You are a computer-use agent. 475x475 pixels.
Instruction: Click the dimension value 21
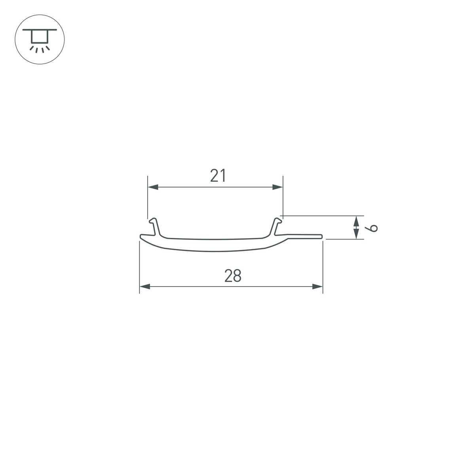click(x=218, y=175)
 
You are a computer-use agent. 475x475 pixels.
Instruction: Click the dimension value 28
click(x=233, y=276)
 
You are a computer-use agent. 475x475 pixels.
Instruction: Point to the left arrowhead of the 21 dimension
click(x=153, y=187)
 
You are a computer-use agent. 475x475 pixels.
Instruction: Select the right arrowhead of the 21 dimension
click(x=278, y=187)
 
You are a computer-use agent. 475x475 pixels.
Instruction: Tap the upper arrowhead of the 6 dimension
click(x=357, y=220)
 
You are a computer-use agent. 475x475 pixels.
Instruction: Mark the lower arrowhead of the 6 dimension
click(x=357, y=235)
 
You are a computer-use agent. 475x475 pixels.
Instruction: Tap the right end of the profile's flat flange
click(x=321, y=237)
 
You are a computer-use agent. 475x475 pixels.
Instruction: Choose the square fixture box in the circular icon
click(x=40, y=37)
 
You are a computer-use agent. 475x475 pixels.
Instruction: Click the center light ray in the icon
click(x=37, y=50)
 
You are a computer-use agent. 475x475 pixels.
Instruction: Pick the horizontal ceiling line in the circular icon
click(x=40, y=30)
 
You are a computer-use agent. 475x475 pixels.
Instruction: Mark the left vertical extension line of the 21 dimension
click(x=147, y=198)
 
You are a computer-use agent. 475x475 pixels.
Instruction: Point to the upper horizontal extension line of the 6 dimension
click(x=321, y=216)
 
